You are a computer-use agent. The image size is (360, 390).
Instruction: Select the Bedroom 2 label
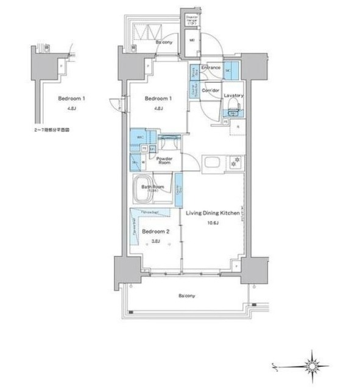click(x=155, y=232)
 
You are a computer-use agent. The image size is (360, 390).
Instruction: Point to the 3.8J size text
click(x=155, y=241)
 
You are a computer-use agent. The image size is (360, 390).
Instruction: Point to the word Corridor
click(x=211, y=90)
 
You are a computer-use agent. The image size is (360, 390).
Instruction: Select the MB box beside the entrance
click(x=191, y=41)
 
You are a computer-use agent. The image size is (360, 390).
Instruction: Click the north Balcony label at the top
click(x=163, y=43)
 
